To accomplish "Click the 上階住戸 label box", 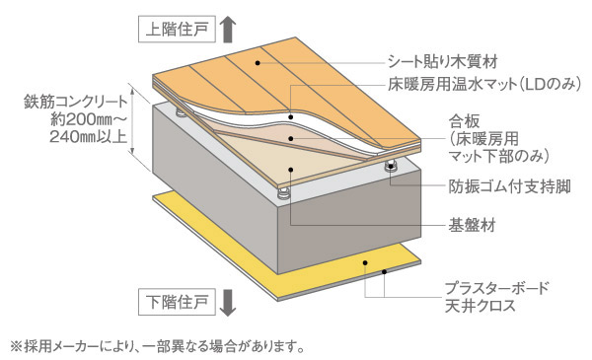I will coord(180,29).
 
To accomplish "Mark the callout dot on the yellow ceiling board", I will coord(367,265).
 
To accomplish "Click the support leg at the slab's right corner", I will coord(391,168).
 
